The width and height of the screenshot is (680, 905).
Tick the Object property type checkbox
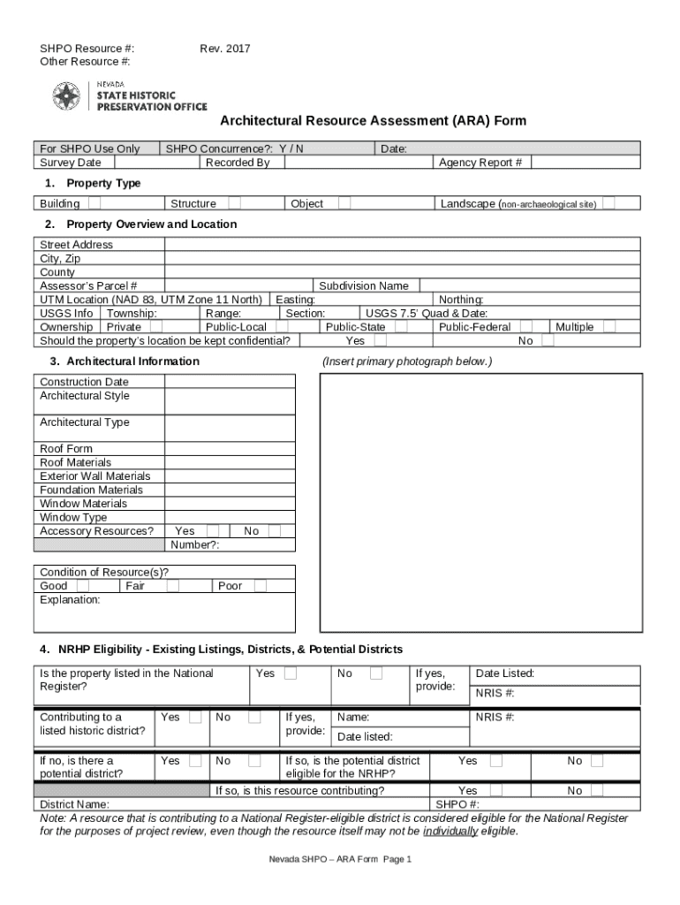344,203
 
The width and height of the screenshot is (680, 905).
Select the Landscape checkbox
608,203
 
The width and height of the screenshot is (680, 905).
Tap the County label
57,273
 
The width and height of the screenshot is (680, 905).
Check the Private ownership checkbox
156,327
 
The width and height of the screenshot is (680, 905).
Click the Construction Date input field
230,382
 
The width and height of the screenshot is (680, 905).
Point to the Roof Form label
66,449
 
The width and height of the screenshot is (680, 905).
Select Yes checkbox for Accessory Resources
213,531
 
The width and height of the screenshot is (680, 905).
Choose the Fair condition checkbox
173,586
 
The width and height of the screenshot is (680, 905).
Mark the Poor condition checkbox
260,586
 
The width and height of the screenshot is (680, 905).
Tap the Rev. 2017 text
225,49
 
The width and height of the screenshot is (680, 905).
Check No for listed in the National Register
376,673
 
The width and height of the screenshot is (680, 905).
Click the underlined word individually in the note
450,832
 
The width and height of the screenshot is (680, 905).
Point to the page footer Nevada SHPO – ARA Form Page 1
341,860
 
